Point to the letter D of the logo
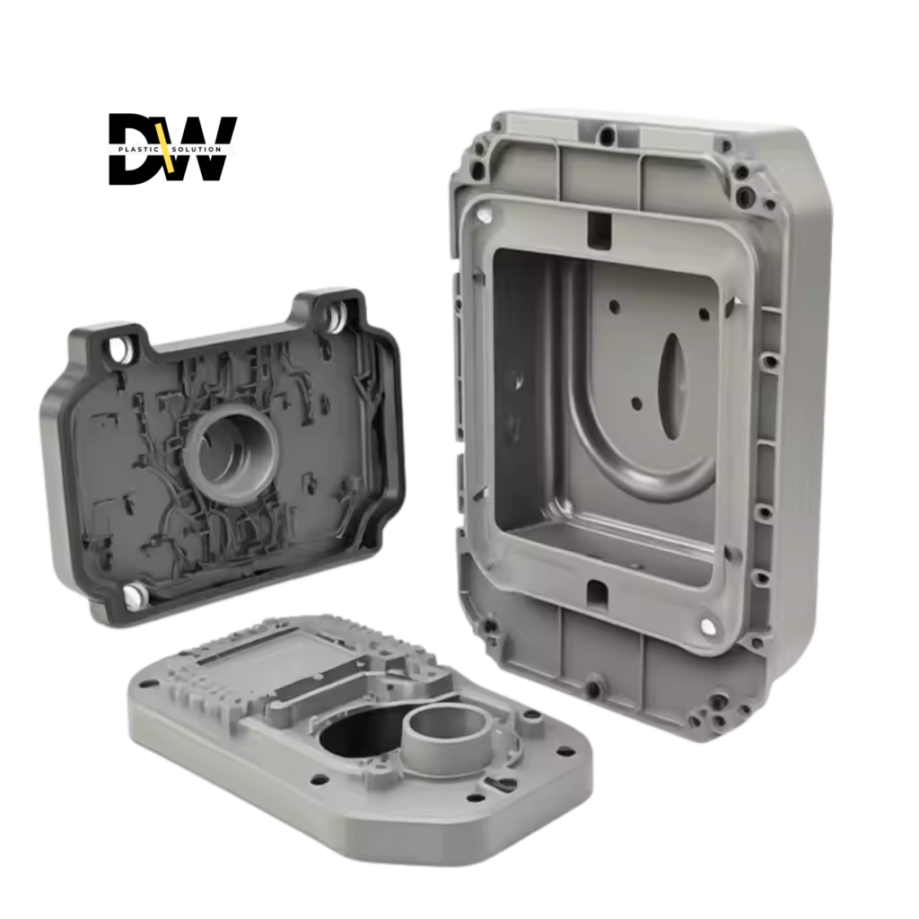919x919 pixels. (136, 149)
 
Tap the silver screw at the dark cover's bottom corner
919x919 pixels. (135, 596)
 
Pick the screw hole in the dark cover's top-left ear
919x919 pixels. (121, 348)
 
